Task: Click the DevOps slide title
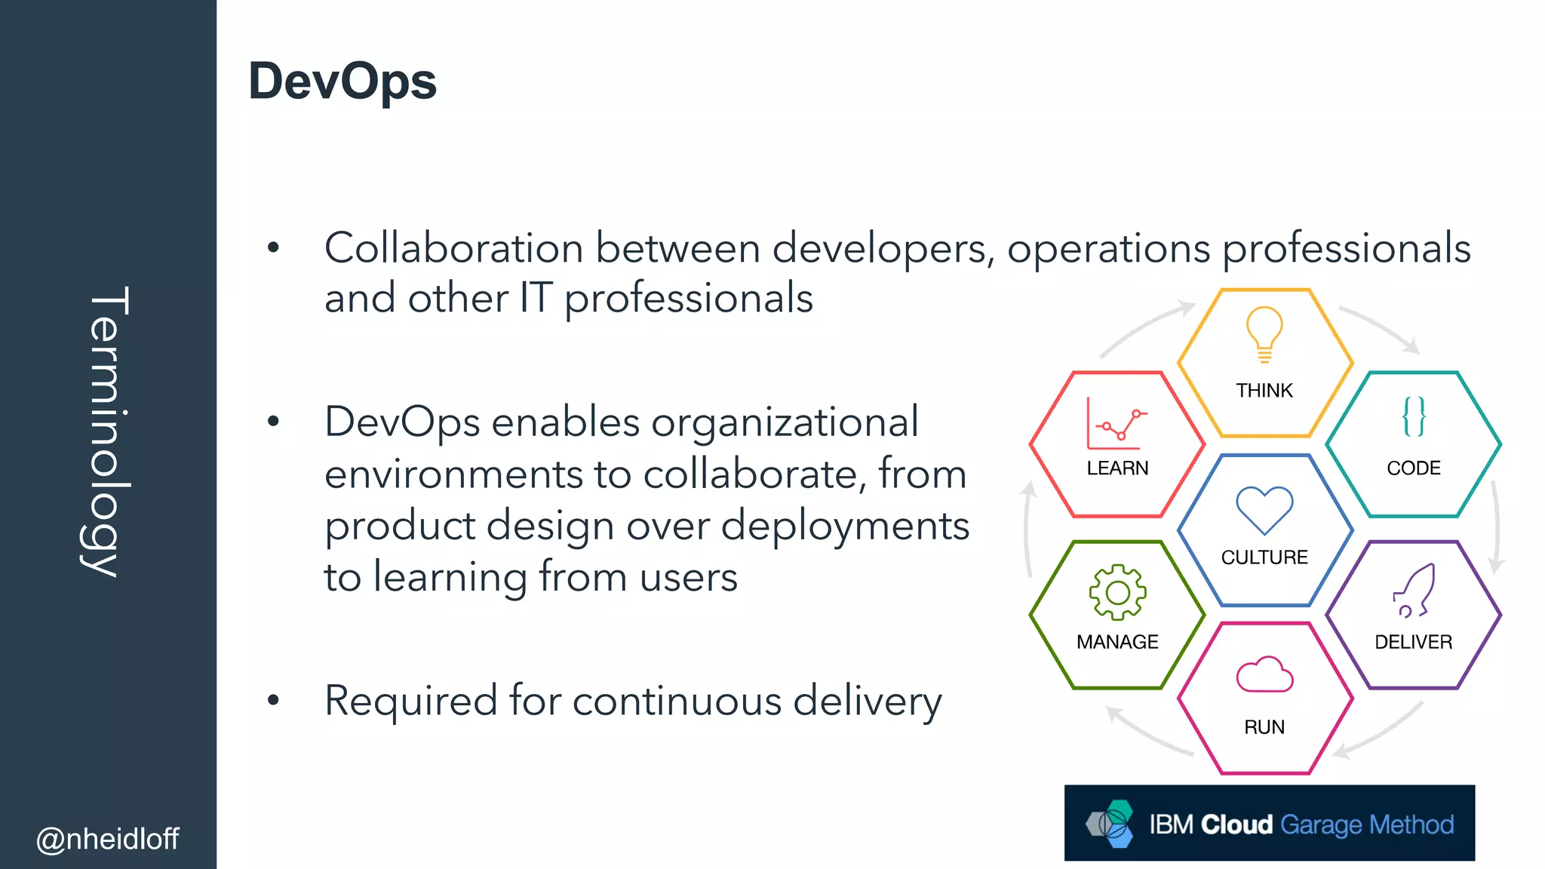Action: click(342, 81)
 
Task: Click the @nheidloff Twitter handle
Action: click(107, 839)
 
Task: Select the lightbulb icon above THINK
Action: click(1264, 334)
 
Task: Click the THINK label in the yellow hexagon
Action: click(1264, 390)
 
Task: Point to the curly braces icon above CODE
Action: click(1414, 416)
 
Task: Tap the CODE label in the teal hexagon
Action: click(1414, 468)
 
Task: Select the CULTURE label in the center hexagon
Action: click(1264, 557)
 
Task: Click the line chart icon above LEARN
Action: click(1117, 424)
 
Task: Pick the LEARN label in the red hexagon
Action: click(1117, 468)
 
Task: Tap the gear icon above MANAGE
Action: click(1117, 593)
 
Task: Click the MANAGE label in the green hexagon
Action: click(1117, 642)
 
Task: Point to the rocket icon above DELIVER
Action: click(1414, 591)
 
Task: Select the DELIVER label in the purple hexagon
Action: click(1413, 642)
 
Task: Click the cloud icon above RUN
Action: click(1264, 674)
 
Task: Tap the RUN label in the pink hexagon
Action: click(1264, 727)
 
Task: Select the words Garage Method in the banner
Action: click(1367, 824)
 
